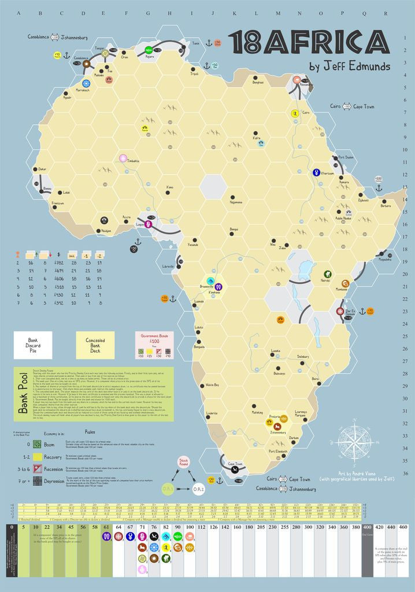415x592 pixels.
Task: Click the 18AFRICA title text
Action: pyautogui.click(x=307, y=43)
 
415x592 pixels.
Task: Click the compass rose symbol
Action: pyautogui.click(x=355, y=442)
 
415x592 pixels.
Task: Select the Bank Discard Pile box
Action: pyautogui.click(x=33, y=345)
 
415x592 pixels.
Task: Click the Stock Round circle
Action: pyautogui.click(x=184, y=463)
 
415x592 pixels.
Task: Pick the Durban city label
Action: pyautogui.click(x=295, y=438)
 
